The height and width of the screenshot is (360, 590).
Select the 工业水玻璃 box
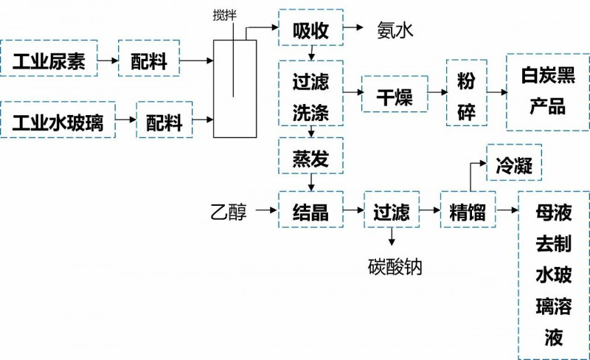point(58,120)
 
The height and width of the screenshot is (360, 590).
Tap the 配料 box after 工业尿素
point(149,60)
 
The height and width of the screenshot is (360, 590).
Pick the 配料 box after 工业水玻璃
point(164,120)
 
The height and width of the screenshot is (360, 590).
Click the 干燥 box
point(395,93)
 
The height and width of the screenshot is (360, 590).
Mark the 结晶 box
point(310,212)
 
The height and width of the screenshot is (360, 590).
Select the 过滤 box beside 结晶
point(391,212)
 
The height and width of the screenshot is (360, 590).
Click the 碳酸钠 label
point(395,264)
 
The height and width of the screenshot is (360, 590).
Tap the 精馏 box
point(467,212)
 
